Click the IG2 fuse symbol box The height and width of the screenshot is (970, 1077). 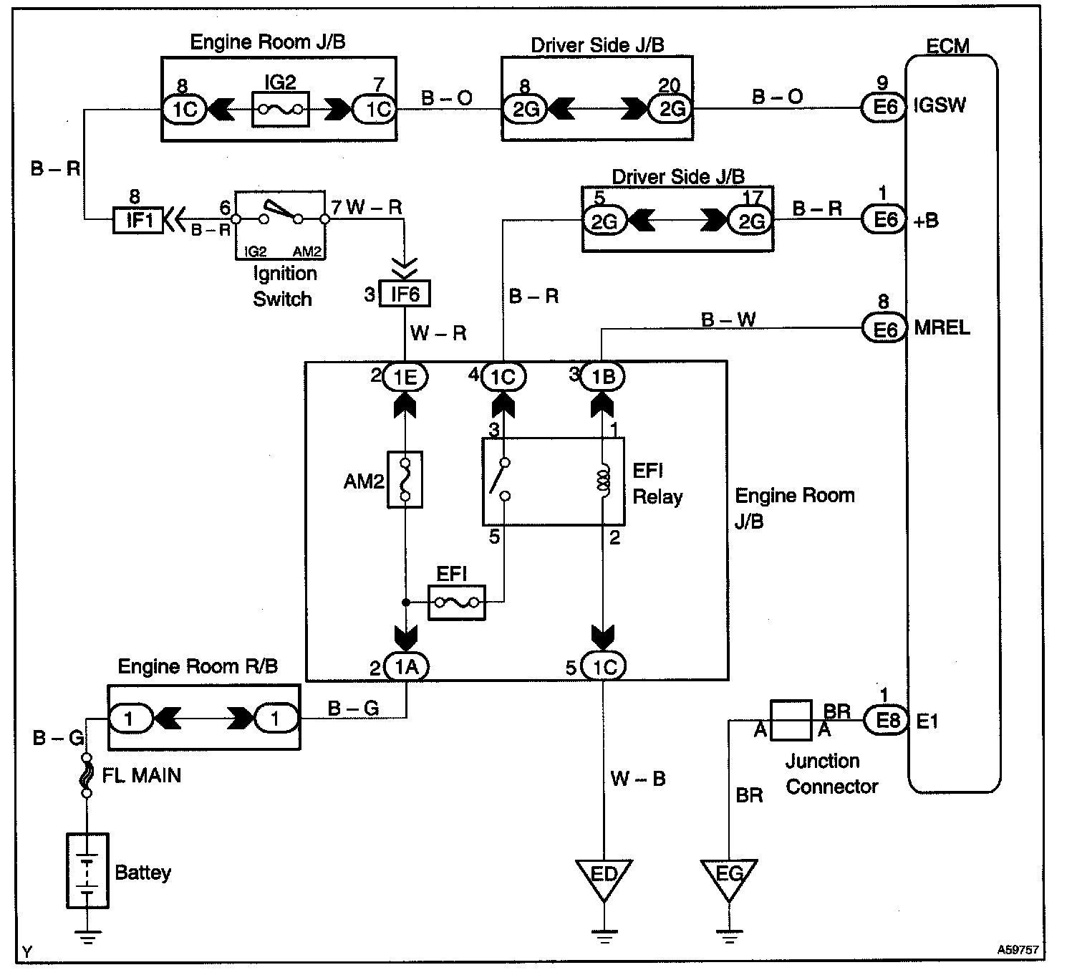[x=280, y=110]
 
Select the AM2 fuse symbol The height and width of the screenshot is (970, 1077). [x=405, y=479]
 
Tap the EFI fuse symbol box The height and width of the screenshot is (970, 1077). [x=456, y=602]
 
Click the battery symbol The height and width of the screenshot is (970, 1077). [x=87, y=871]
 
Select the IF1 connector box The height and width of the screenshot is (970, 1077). [x=138, y=219]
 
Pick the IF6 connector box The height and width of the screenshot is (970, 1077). [x=405, y=293]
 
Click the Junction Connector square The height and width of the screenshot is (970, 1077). [x=791, y=720]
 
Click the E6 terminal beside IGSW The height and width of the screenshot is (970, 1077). [x=885, y=107]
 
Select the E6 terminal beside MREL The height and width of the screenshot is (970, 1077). [x=885, y=329]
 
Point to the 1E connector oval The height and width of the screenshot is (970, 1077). [x=405, y=376]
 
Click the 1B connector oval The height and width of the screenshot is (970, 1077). [x=602, y=376]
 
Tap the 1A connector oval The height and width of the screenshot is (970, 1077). [x=406, y=667]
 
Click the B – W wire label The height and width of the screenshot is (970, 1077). [x=728, y=320]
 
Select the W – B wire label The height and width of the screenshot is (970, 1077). [x=637, y=778]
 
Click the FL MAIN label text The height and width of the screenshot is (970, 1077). [x=141, y=775]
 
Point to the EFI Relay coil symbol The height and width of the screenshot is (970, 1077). [x=603, y=481]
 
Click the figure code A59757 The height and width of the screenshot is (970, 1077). [x=1018, y=951]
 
